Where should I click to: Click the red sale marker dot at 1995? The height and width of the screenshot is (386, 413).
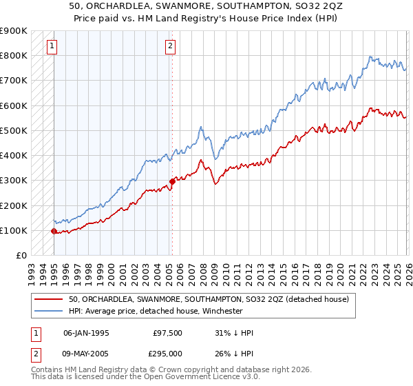click(x=54, y=232)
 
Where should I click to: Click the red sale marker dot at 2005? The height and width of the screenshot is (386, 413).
click(x=171, y=182)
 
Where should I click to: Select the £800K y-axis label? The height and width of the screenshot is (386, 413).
click(x=14, y=55)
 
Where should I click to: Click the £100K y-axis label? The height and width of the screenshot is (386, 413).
click(x=14, y=230)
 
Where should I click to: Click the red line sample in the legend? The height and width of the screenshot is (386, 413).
click(x=49, y=299)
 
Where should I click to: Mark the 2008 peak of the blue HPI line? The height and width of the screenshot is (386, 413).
click(x=200, y=128)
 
